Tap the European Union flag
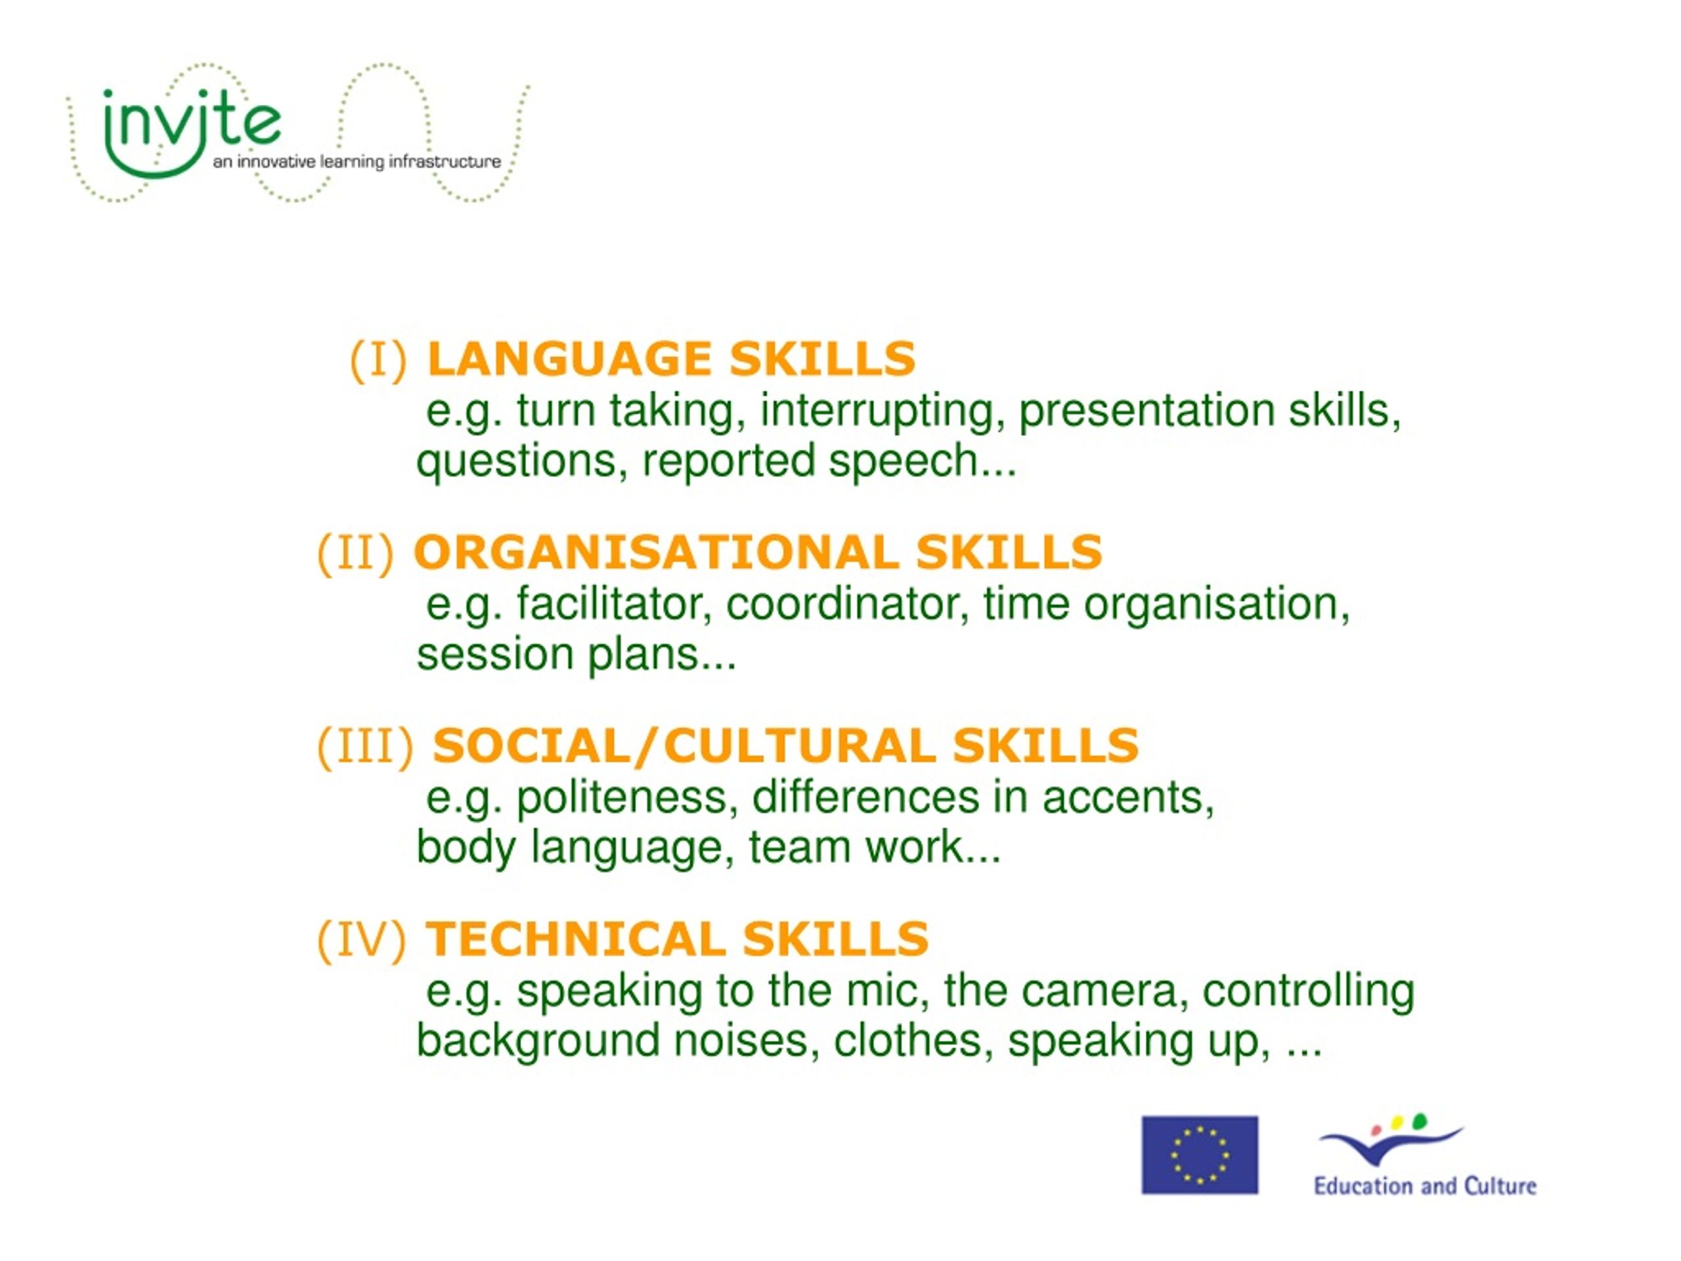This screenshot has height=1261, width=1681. coord(1199,1155)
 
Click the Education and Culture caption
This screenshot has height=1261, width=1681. coord(1425,1187)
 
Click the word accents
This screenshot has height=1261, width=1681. coord(1127,798)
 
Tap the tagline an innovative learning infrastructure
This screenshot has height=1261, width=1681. coord(357,162)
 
